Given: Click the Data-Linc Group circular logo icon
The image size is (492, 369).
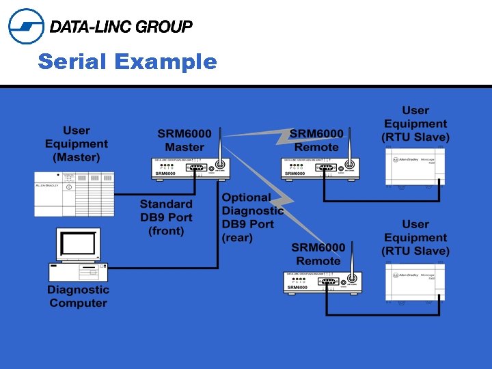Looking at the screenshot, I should pyautogui.click(x=26, y=26).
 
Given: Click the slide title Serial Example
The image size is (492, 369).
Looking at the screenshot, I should pyautogui.click(x=127, y=62).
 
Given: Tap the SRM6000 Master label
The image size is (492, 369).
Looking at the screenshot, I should pyautogui.click(x=184, y=140).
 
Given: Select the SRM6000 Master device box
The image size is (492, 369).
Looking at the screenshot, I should pyautogui.click(x=189, y=169).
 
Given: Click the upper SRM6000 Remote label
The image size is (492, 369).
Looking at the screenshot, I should pyautogui.click(x=316, y=140).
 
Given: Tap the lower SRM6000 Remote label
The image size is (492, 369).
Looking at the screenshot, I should pyautogui.click(x=318, y=254).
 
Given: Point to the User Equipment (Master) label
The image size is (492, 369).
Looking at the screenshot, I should pyautogui.click(x=77, y=143).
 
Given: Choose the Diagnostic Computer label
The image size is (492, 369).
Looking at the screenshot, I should pyautogui.click(x=79, y=297).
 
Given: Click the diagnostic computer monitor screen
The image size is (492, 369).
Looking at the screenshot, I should pyautogui.click(x=79, y=245).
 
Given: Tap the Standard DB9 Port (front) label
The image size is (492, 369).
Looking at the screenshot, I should pyautogui.click(x=166, y=217).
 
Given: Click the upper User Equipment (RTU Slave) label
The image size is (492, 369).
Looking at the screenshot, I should pyautogui.click(x=415, y=124).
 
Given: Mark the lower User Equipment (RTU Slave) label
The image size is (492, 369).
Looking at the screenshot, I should pyautogui.click(x=415, y=238).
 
